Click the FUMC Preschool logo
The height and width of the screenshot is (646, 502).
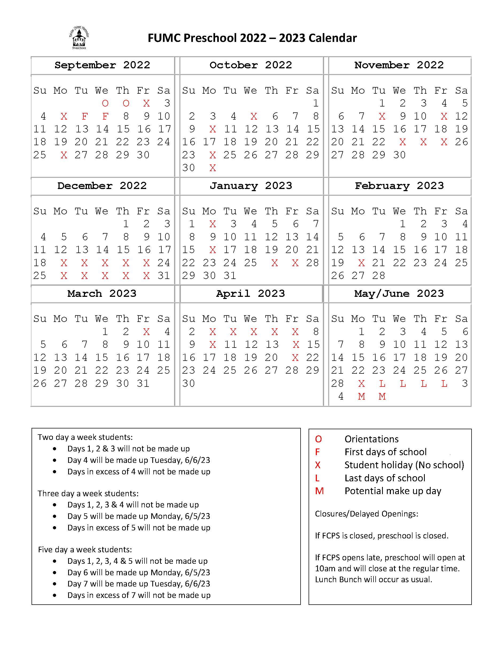coord(79,38)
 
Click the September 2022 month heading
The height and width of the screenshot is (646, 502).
coord(102,65)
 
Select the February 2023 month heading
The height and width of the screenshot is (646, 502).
coord(399,186)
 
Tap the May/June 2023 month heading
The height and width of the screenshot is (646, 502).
coord(399,293)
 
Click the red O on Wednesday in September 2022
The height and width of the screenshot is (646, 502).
coord(105,103)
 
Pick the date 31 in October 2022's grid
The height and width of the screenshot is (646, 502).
coord(212,168)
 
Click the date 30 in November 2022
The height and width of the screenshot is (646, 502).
coord(399,155)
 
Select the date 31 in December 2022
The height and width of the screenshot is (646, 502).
coord(164,276)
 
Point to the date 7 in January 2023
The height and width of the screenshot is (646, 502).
coord(316,224)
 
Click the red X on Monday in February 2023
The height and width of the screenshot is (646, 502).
coord(361,263)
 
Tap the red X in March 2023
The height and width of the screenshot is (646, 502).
coord(146,332)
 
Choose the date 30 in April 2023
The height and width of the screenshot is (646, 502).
coord(189,384)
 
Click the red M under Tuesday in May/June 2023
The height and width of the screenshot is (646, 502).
coord(382,396)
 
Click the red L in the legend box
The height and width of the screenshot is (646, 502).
coord(317,478)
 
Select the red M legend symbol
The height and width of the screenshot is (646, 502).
coord(319,491)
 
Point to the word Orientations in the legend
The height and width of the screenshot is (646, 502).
coord(371,439)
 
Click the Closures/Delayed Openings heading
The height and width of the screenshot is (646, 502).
coord(367,514)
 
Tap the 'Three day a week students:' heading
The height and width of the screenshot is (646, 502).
coord(88,493)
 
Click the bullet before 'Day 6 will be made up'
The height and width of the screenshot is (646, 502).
coord(55,572)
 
